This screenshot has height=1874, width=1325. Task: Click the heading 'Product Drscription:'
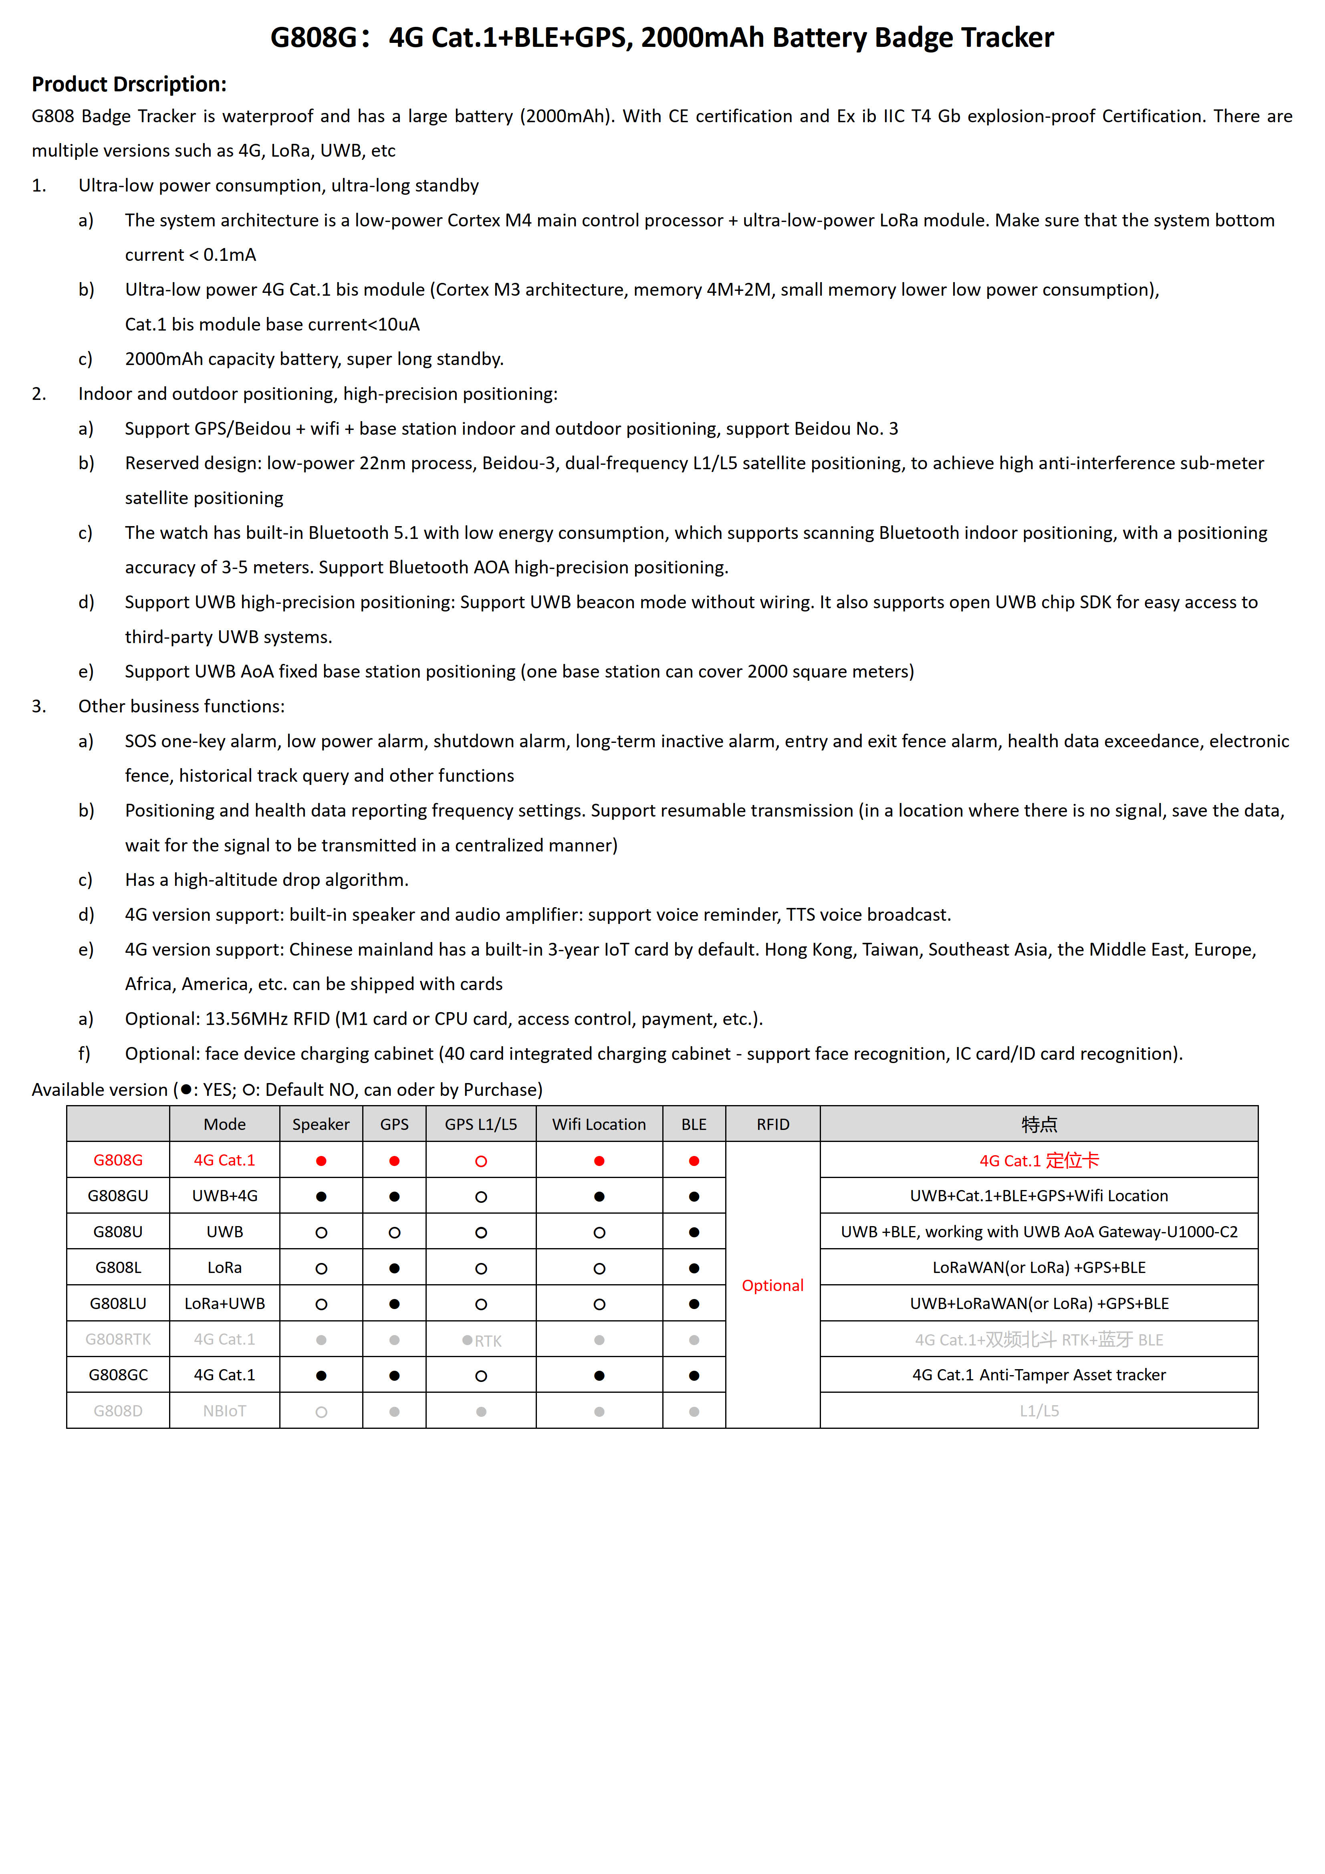[x=129, y=84]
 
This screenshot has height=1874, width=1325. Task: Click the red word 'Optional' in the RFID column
[x=772, y=1285]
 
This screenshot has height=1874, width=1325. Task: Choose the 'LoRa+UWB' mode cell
[x=224, y=1303]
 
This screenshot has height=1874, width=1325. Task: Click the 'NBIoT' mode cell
[x=224, y=1411]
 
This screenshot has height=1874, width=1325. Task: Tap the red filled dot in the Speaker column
[x=321, y=1161]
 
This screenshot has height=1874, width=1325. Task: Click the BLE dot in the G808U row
[x=694, y=1233]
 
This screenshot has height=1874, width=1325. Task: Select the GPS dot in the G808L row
[x=394, y=1269]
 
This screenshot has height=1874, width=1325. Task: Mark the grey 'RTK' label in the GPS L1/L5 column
[x=488, y=1341]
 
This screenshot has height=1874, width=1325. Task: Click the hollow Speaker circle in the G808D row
[x=321, y=1412]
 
